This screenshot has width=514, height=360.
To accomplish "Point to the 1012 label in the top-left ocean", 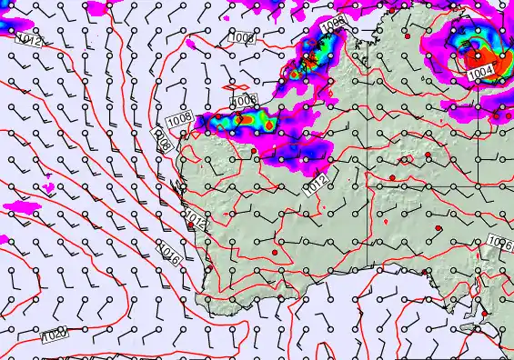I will [x=29, y=41].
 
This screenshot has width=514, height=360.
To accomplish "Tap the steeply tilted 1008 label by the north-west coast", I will [x=162, y=142].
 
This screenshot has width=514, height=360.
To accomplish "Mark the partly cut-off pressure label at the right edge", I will [x=499, y=242].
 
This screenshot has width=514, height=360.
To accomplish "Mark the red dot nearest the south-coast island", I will [x=484, y=315].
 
